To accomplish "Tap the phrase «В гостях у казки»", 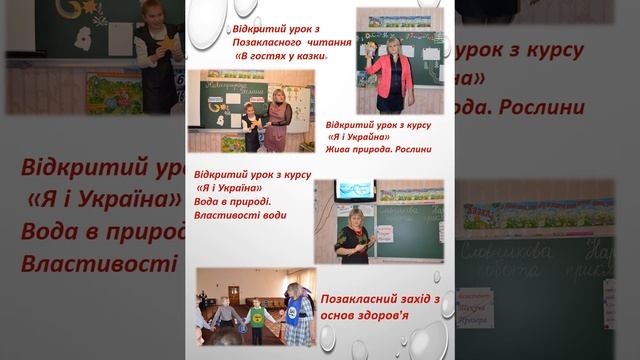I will pyautogui.click(x=281, y=58).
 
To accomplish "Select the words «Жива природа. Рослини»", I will pyautogui.click(x=379, y=150).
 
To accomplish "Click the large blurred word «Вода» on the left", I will pyautogui.click(x=54, y=232).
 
